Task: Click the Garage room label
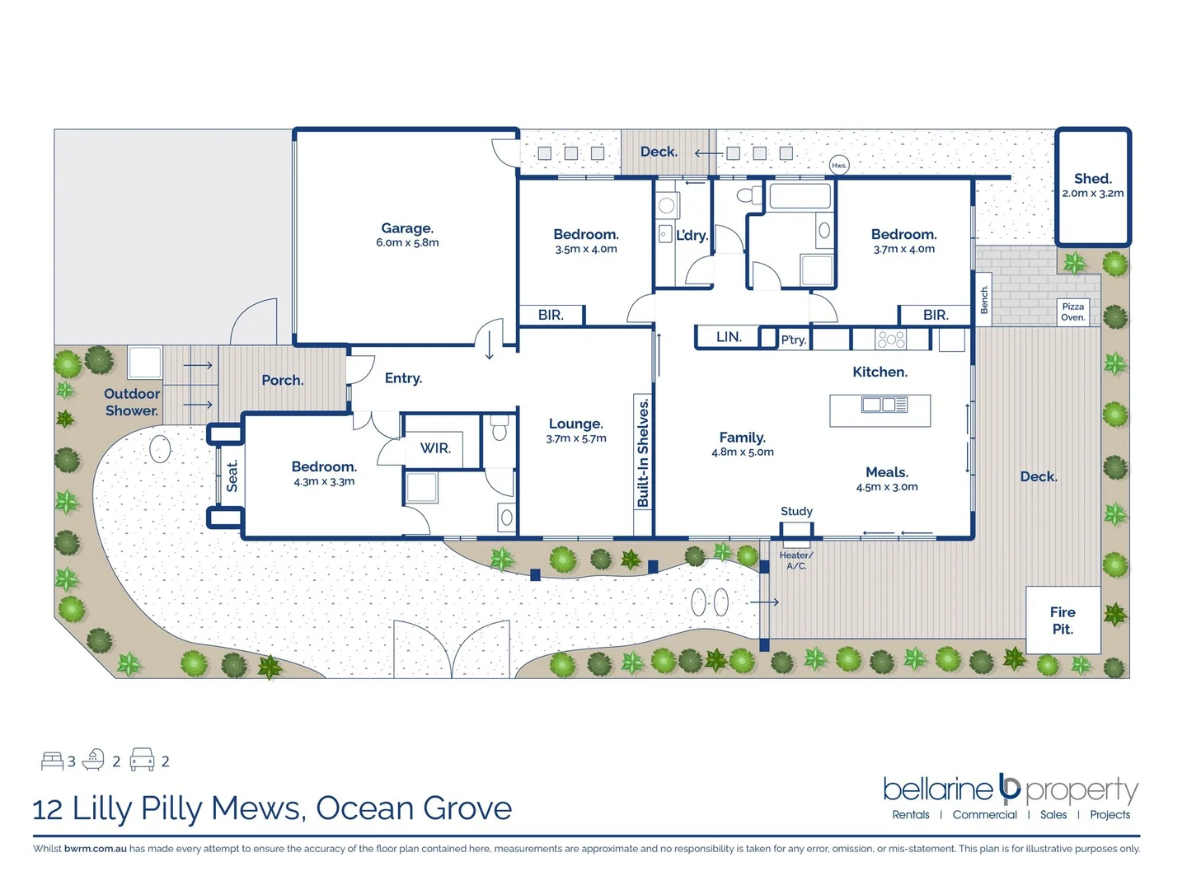[407, 228]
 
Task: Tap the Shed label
[1092, 179]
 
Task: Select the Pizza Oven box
[1072, 311]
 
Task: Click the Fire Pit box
[1063, 621]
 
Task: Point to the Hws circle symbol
[838, 166]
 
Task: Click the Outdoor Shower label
[132, 402]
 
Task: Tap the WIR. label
[435, 448]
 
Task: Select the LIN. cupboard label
[729, 337]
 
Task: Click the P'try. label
[794, 340]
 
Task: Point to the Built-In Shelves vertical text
[643, 452]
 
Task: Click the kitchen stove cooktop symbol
[891, 339]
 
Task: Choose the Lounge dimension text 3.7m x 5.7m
[576, 438]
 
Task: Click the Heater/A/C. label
[796, 560]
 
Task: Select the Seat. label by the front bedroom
[232, 476]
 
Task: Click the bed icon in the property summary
[52, 761]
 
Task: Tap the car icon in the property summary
[143, 760]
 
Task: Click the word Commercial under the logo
[984, 815]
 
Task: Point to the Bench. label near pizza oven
[984, 300]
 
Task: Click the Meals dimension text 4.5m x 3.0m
[887, 487]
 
